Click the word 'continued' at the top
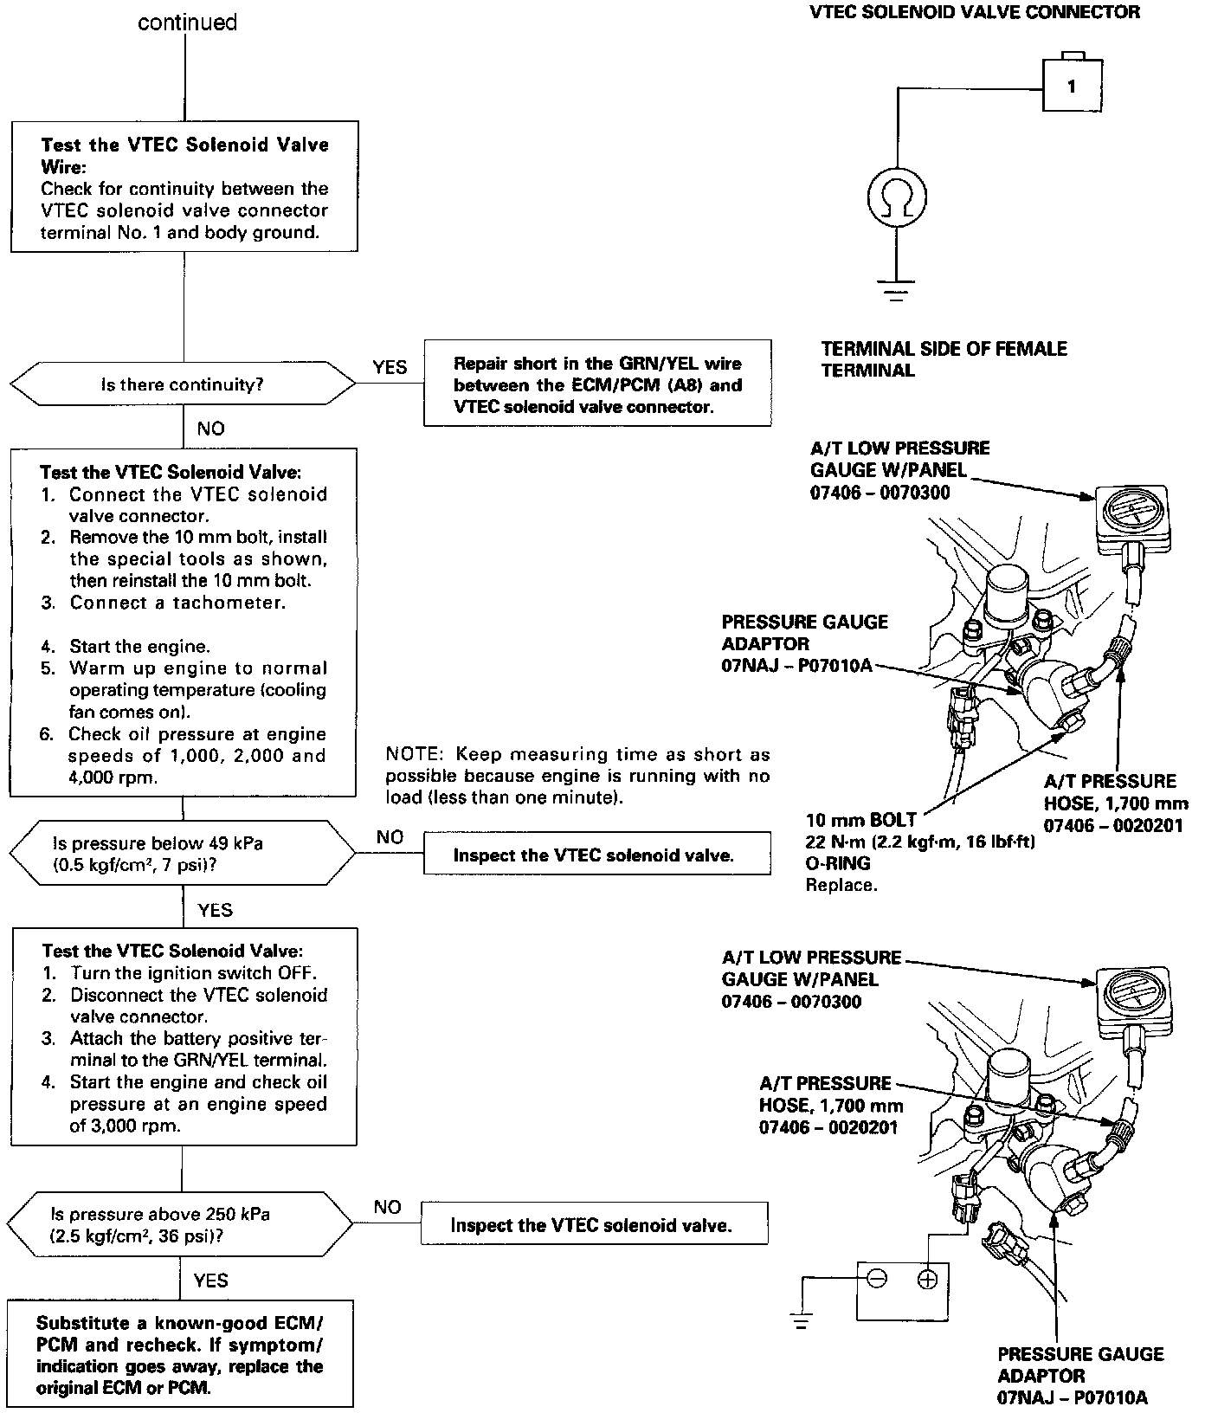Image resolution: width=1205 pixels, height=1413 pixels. tap(187, 23)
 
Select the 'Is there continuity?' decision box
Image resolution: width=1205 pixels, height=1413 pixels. tap(183, 384)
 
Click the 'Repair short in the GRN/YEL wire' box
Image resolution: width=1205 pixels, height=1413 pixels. tap(597, 384)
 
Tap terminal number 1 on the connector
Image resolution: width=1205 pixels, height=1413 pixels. tap(1072, 86)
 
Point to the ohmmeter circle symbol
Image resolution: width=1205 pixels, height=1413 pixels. tap(898, 197)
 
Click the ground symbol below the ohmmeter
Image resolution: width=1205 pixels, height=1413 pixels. tap(898, 289)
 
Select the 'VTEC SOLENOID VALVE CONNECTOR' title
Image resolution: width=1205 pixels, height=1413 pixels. tap(974, 12)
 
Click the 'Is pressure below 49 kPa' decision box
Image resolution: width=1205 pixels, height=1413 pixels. tap(182, 854)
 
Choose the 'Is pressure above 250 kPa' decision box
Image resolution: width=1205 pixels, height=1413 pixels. tap(180, 1224)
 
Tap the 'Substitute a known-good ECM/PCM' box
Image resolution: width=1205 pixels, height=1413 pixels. tap(180, 1355)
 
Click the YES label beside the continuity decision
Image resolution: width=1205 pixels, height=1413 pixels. tap(390, 367)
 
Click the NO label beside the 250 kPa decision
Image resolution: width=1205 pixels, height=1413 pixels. tap(387, 1207)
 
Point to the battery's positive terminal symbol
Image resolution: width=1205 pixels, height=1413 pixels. tap(928, 1279)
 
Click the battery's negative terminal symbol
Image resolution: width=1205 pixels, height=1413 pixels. tap(877, 1279)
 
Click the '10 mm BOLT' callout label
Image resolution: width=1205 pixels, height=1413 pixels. tap(860, 820)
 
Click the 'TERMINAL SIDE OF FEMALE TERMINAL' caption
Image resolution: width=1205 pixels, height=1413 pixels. tap(944, 359)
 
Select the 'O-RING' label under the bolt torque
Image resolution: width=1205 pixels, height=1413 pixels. tap(837, 863)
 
